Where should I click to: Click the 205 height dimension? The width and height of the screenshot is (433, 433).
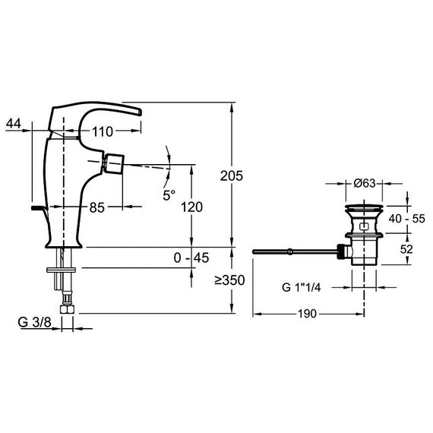tap(232, 176)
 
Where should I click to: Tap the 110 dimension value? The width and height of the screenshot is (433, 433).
tap(103, 131)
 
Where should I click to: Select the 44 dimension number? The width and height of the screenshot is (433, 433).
tap(14, 123)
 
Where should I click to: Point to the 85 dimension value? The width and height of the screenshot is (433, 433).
tap(97, 207)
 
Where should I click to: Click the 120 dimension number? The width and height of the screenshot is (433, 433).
tap(191, 207)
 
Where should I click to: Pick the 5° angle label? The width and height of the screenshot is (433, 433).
tap(169, 195)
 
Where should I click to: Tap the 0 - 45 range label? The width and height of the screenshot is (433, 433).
tap(191, 258)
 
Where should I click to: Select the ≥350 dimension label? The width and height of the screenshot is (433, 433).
tap(229, 280)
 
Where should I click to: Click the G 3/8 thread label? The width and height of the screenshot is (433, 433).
tap(35, 322)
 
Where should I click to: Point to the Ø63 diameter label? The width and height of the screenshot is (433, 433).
tap(365, 183)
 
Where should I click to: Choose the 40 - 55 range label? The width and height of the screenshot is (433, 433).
tap(406, 219)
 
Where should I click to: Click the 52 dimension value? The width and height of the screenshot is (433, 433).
tap(406, 249)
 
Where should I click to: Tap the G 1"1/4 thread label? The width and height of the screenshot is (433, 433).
tap(302, 287)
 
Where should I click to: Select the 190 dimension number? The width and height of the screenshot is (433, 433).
tap(307, 314)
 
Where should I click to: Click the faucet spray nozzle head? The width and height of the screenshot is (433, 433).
tap(113, 163)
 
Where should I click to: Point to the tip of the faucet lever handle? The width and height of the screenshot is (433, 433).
tap(141, 112)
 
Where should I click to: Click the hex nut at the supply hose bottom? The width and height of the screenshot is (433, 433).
tap(67, 308)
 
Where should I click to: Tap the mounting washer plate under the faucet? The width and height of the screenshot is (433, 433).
tap(61, 270)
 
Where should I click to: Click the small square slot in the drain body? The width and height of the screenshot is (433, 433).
tap(364, 226)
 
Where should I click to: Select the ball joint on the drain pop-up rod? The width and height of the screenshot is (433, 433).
tap(289, 251)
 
